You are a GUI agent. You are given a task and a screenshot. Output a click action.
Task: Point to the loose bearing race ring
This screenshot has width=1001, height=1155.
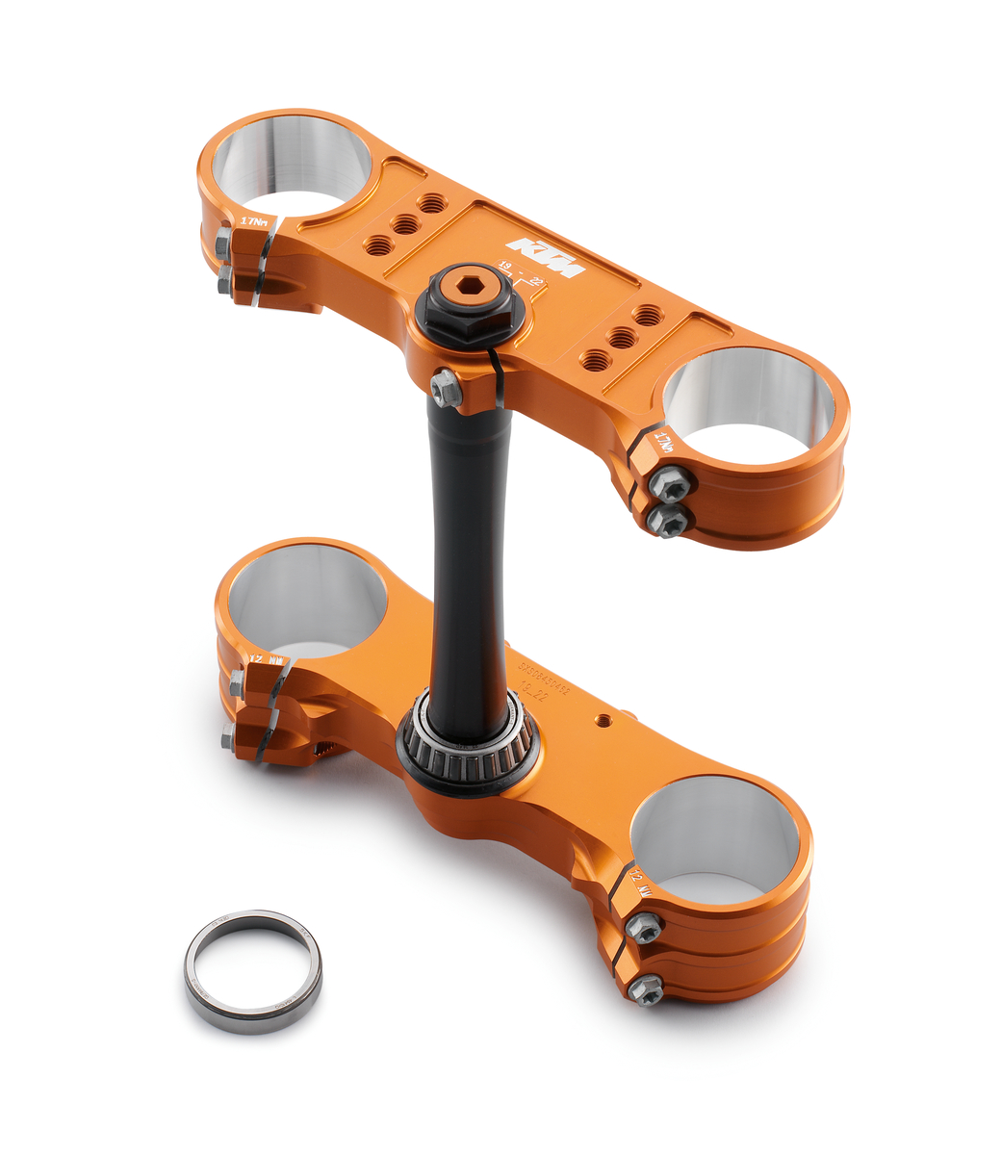click(x=253, y=971)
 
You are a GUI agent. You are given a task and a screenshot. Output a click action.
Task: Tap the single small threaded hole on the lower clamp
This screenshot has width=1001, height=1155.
click(x=603, y=719)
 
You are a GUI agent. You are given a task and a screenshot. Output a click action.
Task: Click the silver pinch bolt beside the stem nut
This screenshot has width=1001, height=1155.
click(x=445, y=387)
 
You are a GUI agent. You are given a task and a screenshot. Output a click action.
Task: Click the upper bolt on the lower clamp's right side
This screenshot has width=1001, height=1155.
click(x=643, y=928)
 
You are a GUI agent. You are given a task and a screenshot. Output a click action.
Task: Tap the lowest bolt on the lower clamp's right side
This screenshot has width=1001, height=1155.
click(x=646, y=988)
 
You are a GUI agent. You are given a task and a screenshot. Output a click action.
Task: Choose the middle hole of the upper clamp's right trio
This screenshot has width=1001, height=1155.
click(x=623, y=337)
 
